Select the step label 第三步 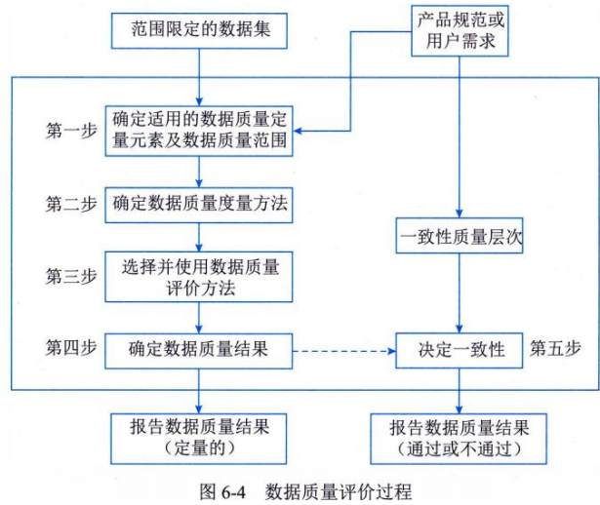click(70, 276)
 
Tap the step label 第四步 click(70, 347)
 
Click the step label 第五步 click(555, 347)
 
